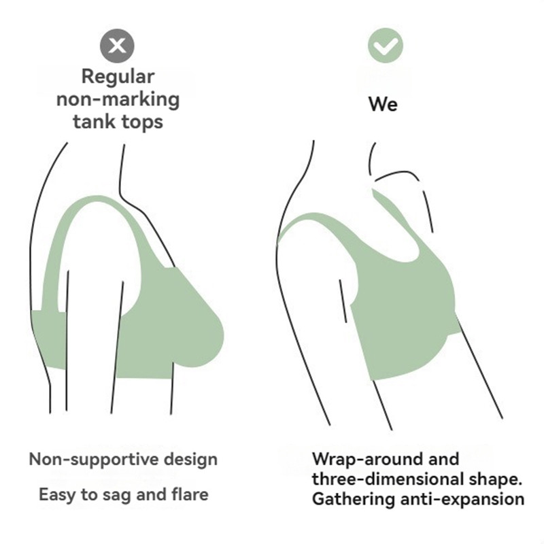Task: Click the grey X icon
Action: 117,46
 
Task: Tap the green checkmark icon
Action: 386,46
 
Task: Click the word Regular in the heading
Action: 118,76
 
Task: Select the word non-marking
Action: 118,99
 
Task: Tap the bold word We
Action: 384,104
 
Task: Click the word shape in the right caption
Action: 499,479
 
